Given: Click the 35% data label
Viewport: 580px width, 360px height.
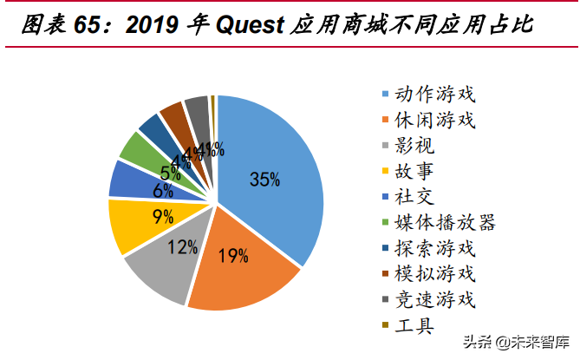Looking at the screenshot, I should coord(264,180).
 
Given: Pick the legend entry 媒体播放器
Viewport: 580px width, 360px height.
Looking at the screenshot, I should coord(445,223).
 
